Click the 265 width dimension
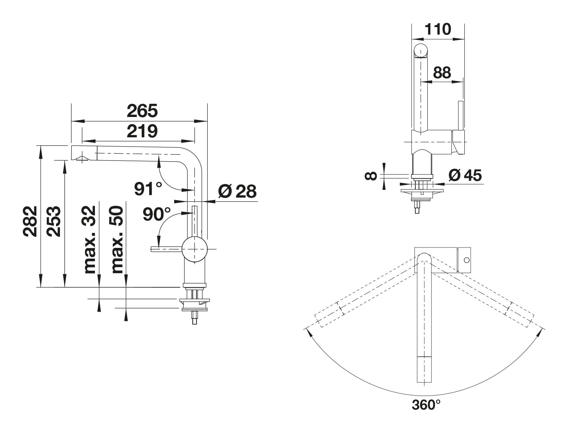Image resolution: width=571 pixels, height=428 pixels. (x=142, y=111)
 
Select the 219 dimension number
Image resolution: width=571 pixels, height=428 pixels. (x=142, y=131)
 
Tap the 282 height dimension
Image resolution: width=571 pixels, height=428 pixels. (x=30, y=221)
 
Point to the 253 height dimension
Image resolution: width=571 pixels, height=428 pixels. (x=54, y=221)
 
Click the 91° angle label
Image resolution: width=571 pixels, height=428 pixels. (x=148, y=188)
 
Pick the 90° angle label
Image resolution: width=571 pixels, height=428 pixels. (x=157, y=214)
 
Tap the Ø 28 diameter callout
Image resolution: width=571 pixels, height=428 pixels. (x=237, y=191)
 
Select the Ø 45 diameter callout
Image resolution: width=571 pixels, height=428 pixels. (x=465, y=175)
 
